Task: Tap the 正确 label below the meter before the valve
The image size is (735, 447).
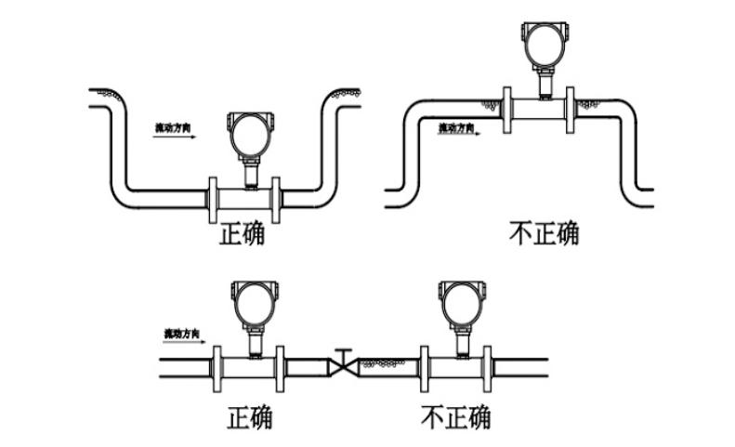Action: pyautogui.click(x=250, y=417)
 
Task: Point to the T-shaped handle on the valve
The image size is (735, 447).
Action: pyautogui.click(x=343, y=352)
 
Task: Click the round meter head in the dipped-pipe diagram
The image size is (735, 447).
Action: pyautogui.click(x=251, y=133)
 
